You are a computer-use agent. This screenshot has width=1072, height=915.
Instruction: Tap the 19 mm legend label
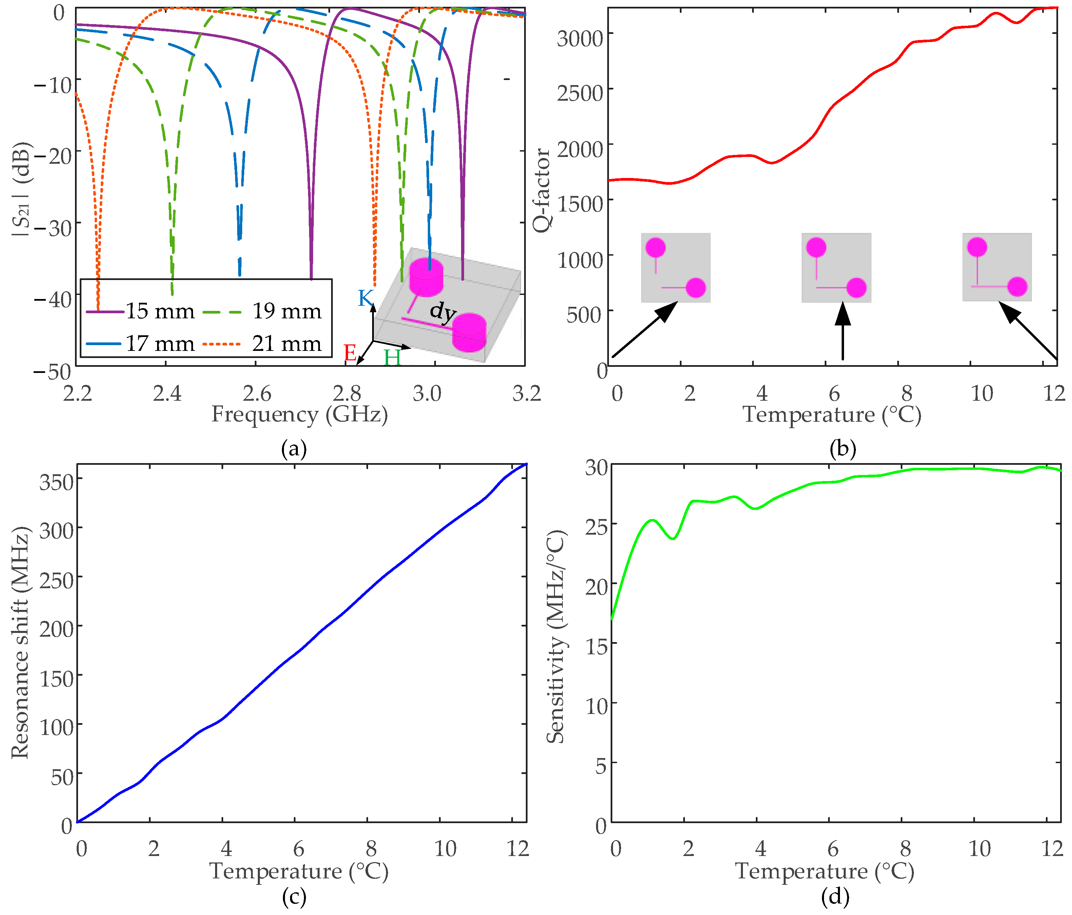click(286, 311)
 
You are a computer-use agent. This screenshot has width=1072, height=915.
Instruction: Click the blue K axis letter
click(365, 298)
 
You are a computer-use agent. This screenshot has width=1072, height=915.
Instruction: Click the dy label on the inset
click(443, 312)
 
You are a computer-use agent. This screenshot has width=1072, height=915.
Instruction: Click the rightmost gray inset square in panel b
click(997, 267)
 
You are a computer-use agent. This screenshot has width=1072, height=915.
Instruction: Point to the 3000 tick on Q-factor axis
click(579, 38)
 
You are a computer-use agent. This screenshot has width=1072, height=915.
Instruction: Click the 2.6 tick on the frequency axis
click(256, 394)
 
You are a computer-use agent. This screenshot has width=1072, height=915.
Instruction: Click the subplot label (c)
click(294, 897)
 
